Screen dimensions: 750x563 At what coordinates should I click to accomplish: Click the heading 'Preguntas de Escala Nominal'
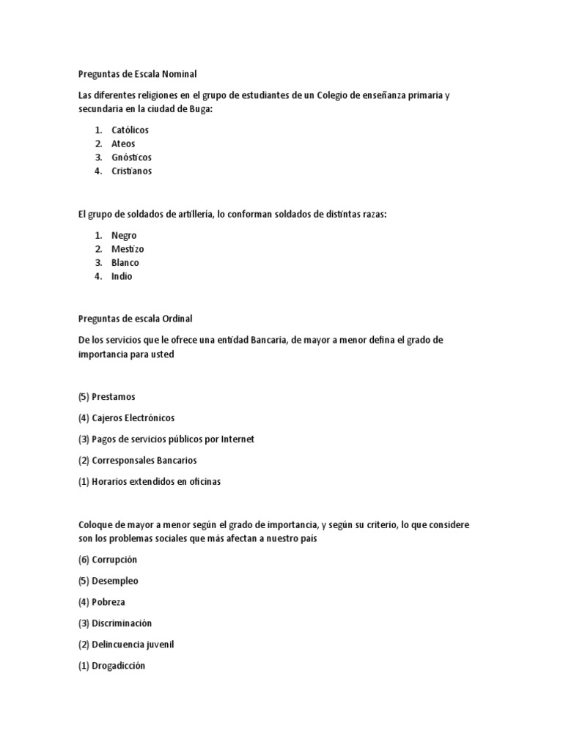[x=137, y=74]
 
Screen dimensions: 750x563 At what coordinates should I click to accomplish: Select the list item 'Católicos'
[x=130, y=130]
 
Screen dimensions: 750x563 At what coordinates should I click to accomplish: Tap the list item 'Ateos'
[x=123, y=144]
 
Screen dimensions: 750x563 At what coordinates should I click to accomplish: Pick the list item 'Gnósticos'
[x=131, y=157]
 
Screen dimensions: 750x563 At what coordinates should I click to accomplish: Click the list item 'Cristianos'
[x=132, y=171]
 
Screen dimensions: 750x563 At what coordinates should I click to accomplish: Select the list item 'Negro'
[x=124, y=235]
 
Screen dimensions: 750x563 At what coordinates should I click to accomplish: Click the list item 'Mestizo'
[x=128, y=249]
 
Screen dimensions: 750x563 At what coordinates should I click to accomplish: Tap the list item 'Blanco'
[x=125, y=263]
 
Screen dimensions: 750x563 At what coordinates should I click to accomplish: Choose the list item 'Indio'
[x=122, y=277]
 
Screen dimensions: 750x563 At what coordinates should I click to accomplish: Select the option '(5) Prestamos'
[x=106, y=397]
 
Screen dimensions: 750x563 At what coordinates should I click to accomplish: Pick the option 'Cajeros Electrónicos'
[x=133, y=418]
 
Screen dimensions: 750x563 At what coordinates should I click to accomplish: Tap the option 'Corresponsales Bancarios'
[x=144, y=461]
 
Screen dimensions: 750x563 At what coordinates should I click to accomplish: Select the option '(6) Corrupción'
[x=107, y=560]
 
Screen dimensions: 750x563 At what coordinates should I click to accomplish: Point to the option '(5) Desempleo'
[x=108, y=581]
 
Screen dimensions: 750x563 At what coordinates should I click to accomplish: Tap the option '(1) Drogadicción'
[x=111, y=666]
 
